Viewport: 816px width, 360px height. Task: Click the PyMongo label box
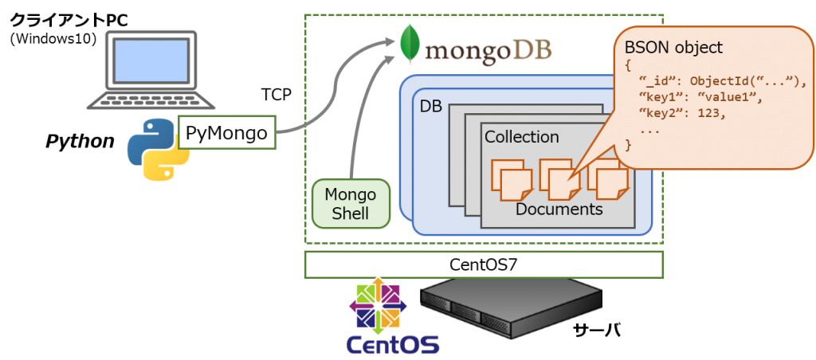[226, 134]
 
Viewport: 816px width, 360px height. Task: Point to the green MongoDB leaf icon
[410, 45]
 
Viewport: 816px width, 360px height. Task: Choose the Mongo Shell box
[350, 203]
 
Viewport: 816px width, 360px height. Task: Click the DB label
[431, 105]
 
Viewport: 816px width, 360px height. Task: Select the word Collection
[521, 137]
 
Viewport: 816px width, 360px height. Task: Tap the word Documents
[559, 209]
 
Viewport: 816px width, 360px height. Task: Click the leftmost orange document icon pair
[508, 180]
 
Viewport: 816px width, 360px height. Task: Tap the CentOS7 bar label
[483, 264]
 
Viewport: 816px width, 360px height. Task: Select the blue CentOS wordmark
[392, 344]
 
